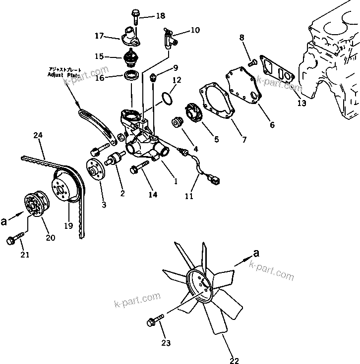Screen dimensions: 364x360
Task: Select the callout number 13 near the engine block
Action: tap(302, 104)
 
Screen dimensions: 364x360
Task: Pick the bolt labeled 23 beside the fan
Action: tap(154, 322)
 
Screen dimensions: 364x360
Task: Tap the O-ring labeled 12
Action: tap(168, 97)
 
